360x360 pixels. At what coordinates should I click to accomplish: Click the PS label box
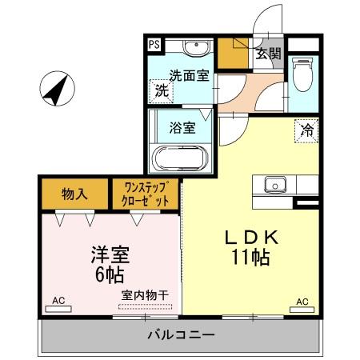point(153,44)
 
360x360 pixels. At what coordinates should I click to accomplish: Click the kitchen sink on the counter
point(275,183)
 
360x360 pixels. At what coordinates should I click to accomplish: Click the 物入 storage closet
point(74,194)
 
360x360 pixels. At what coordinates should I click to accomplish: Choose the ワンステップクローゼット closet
point(145,194)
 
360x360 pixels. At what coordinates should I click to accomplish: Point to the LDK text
point(250,238)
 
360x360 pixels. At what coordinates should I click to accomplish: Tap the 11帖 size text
point(250,258)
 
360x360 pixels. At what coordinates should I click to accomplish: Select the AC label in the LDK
point(302,301)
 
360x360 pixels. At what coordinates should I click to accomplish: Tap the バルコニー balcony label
point(180,334)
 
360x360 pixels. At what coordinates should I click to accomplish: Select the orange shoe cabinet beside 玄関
point(234,53)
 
